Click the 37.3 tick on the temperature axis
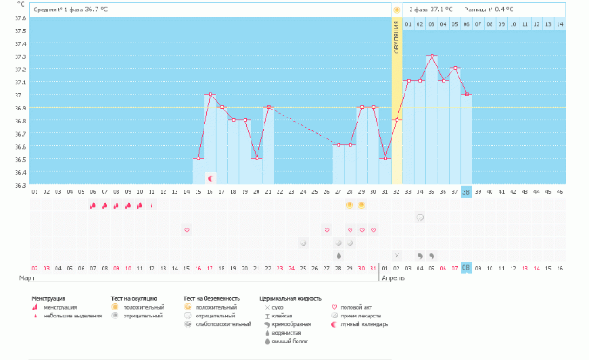(x=20, y=57)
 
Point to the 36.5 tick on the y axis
(x=20, y=159)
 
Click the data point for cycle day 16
(x=210, y=94)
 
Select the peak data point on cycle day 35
(x=432, y=56)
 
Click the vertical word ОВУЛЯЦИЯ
(x=397, y=39)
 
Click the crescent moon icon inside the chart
(x=210, y=177)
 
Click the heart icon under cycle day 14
(x=186, y=230)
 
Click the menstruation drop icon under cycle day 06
(x=92, y=205)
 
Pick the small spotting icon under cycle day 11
(x=151, y=205)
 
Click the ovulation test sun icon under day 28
(x=350, y=204)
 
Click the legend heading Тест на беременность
(x=211, y=298)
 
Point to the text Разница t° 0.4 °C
(x=489, y=9)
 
